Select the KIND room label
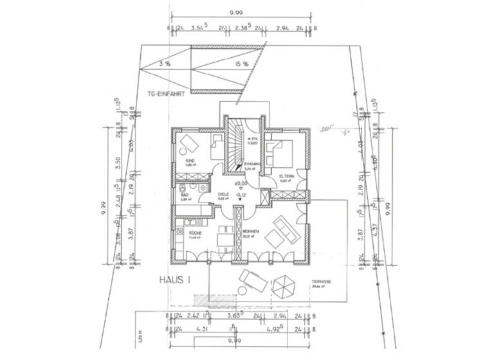190,161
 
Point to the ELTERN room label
287,175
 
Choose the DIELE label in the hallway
223,194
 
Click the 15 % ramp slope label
242,64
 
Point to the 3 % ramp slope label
165,64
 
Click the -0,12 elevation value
241,193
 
